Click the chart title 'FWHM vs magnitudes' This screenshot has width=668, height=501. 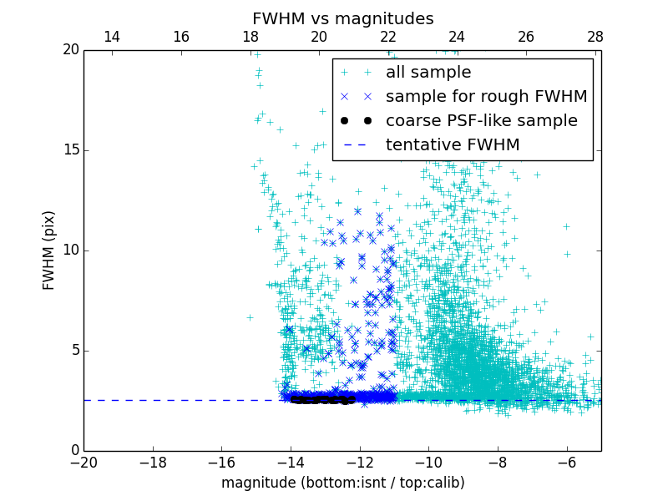(342, 18)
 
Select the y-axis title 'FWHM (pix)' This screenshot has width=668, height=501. (49, 250)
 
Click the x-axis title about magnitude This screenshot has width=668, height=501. (342, 483)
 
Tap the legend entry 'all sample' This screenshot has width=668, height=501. (428, 73)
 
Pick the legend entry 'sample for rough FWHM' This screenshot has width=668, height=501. (486, 97)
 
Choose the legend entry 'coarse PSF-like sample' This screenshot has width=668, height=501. (481, 121)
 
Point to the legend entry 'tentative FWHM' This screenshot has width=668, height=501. (452, 145)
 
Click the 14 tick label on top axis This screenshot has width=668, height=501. (111, 37)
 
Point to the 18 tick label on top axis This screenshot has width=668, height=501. (250, 37)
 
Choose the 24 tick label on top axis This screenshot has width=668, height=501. (457, 37)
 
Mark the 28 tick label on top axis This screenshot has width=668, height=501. (595, 37)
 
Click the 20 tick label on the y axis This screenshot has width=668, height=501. (70, 50)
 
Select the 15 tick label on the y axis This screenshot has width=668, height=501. (70, 150)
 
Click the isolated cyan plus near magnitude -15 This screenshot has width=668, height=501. (250, 317)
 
